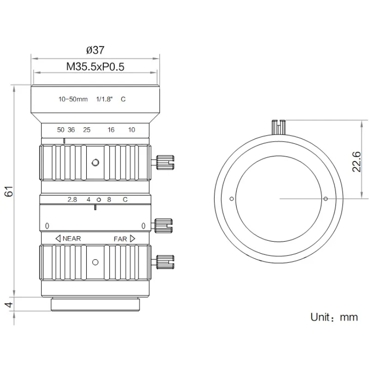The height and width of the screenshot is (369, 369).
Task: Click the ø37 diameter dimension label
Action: tap(95, 50)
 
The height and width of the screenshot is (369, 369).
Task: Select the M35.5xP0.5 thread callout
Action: tap(95, 66)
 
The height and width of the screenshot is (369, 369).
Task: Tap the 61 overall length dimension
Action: tap(9, 191)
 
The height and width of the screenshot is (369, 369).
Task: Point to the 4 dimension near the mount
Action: tap(9, 304)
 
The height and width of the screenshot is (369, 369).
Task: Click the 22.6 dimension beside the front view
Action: tap(356, 162)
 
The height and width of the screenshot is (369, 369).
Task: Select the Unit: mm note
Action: tap(334, 317)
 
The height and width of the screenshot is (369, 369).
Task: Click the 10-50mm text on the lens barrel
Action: tap(73, 99)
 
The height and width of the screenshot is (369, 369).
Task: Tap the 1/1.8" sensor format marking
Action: tap(105, 99)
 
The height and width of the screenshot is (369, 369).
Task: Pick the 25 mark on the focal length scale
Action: tap(87, 130)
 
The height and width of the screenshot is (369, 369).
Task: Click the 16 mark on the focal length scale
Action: tap(111, 130)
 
